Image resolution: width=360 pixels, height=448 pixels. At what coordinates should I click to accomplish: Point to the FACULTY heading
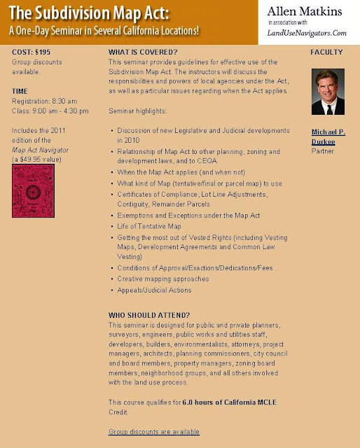click(326, 52)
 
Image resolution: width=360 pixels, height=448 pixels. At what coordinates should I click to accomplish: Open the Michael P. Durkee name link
click(328, 135)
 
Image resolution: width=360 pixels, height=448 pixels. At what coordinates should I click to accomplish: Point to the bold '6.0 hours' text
click(200, 401)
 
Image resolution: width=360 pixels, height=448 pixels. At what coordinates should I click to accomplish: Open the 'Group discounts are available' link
click(154, 432)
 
